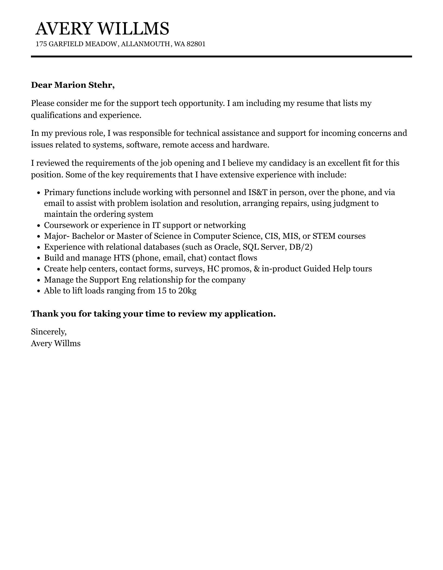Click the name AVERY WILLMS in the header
(x=102, y=29)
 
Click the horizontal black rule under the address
(x=221, y=57)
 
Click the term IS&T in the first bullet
(x=258, y=192)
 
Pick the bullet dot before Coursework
(x=39, y=226)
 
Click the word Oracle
(x=226, y=247)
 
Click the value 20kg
(x=187, y=291)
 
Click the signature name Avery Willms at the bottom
(x=56, y=343)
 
